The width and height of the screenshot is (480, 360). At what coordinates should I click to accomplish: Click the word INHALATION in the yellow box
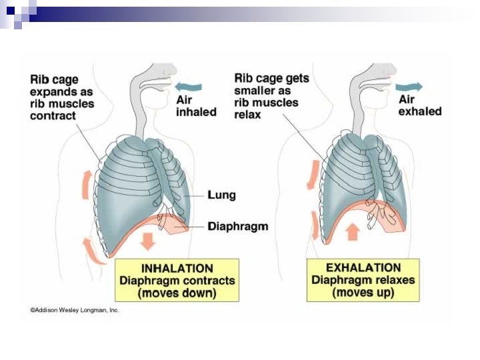[177, 268]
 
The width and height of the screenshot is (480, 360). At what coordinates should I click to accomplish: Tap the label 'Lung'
[221, 195]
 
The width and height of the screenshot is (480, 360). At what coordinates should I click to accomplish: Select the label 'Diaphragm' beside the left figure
[238, 226]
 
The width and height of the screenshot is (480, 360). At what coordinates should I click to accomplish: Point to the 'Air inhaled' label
[196, 105]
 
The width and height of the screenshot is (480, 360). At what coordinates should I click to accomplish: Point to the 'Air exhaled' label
[420, 105]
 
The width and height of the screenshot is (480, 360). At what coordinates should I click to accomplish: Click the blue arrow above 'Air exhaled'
[408, 86]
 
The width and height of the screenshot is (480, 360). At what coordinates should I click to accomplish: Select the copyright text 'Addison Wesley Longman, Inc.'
[74, 311]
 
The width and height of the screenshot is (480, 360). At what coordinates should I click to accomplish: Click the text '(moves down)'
[177, 293]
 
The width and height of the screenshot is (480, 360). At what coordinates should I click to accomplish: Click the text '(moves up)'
[363, 293]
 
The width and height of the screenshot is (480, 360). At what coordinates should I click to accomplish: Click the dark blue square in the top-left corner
[9, 10]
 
